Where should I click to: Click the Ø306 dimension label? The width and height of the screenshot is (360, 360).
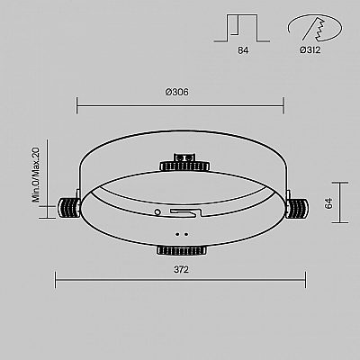click(177, 92)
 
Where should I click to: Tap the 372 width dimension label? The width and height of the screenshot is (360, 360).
click(181, 270)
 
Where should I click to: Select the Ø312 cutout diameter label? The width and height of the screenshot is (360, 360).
click(310, 49)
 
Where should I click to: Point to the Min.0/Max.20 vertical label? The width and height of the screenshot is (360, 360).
click(36, 175)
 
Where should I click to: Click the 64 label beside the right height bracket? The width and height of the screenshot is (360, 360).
click(328, 203)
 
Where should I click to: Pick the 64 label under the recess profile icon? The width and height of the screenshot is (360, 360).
click(243, 50)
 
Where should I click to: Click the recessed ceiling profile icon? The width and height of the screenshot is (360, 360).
click(242, 28)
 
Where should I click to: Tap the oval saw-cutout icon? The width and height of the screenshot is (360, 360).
click(314, 27)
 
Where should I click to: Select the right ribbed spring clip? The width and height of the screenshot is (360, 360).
click(297, 208)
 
